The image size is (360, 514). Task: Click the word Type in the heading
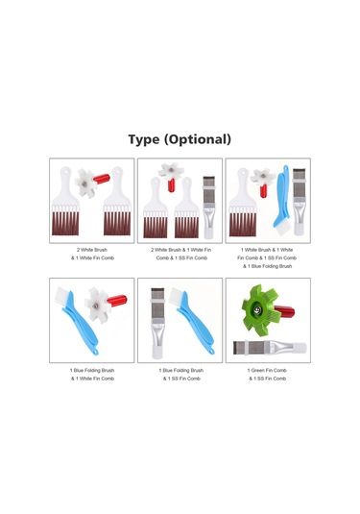[x=144, y=139]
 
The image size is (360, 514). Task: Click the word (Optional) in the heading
[x=198, y=139]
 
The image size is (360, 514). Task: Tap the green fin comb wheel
[x=258, y=310]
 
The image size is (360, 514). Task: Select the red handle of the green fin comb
[x=284, y=311]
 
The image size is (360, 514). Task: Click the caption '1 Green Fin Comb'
[x=267, y=371]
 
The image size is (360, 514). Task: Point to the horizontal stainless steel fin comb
[x=270, y=347]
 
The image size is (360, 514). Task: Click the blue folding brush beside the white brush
[x=281, y=201]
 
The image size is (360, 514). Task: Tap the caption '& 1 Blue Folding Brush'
[x=267, y=266]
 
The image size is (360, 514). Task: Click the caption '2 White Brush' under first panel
[x=92, y=250]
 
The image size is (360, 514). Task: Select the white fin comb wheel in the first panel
[x=85, y=184]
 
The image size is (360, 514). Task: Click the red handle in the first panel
[x=102, y=179]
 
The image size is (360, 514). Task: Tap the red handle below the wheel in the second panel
[x=171, y=185]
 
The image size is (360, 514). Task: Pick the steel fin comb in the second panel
[x=208, y=208]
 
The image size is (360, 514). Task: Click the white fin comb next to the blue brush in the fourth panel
[x=97, y=306]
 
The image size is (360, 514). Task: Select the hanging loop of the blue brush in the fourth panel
[x=96, y=353]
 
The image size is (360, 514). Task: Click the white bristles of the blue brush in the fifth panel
[x=177, y=294]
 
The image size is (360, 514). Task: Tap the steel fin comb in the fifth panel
[x=156, y=323]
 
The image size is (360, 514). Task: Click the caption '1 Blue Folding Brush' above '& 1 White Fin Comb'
[x=92, y=371]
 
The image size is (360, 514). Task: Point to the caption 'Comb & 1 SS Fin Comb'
[x=181, y=258]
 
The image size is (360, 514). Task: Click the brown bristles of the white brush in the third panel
[x=243, y=224]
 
